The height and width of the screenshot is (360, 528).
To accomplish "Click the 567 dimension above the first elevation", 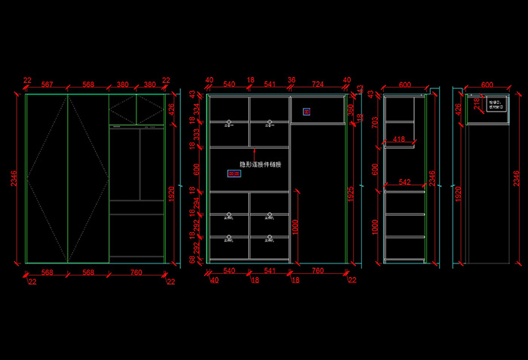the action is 47,84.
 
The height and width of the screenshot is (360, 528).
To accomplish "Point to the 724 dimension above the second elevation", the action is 318,84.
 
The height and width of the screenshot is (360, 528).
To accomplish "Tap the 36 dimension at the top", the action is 291,80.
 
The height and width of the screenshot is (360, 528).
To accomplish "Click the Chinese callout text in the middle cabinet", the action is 260,164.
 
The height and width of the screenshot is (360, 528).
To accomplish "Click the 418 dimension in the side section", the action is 399,139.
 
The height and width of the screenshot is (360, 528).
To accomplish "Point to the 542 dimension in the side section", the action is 404,183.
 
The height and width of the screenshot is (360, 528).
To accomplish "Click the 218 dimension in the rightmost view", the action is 477,102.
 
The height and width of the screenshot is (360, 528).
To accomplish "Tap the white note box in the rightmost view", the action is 495,106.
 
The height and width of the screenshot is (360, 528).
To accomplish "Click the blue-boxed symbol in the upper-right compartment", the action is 306,112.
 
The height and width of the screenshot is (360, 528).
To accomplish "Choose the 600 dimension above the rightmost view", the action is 487,84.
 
